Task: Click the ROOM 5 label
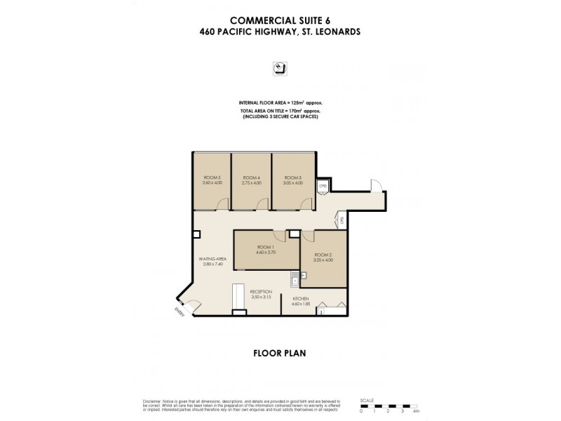tap(212, 178)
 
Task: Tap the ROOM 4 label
tap(251, 178)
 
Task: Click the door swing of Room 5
tap(222, 204)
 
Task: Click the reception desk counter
tap(238, 298)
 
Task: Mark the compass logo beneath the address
tap(279, 68)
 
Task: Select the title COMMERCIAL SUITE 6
tap(280, 19)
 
